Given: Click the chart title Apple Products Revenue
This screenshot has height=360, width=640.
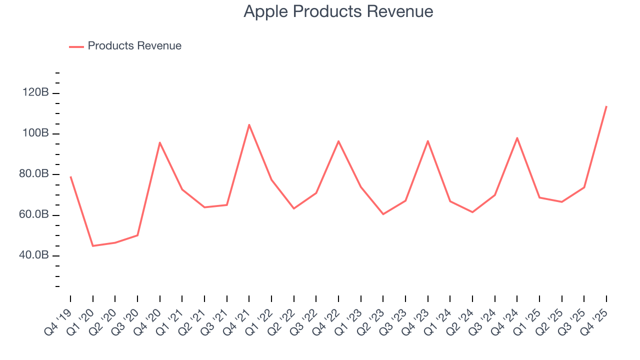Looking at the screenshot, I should coord(338,11).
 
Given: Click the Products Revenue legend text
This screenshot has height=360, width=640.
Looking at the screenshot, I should coord(134,46).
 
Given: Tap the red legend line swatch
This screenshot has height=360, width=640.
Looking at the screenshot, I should coord(76,46).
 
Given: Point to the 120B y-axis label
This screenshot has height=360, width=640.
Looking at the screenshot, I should coord(35,93).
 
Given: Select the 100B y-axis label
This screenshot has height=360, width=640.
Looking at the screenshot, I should coord(35,133).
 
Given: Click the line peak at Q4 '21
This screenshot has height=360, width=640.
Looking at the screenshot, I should coord(249,124).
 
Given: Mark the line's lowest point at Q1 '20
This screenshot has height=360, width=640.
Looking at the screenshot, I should coord(92,246).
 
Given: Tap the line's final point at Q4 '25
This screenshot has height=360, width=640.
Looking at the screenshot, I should coord(606,106).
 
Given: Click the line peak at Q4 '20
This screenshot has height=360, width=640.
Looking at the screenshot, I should coord(159,142).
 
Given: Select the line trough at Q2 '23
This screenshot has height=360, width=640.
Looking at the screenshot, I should coord(383,214).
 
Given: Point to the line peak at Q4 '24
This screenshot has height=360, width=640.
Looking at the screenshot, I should coord(517,137).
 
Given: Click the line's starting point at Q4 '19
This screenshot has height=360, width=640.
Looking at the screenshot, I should coord(70,176).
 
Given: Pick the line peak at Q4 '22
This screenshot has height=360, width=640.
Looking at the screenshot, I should coord(338,141).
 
